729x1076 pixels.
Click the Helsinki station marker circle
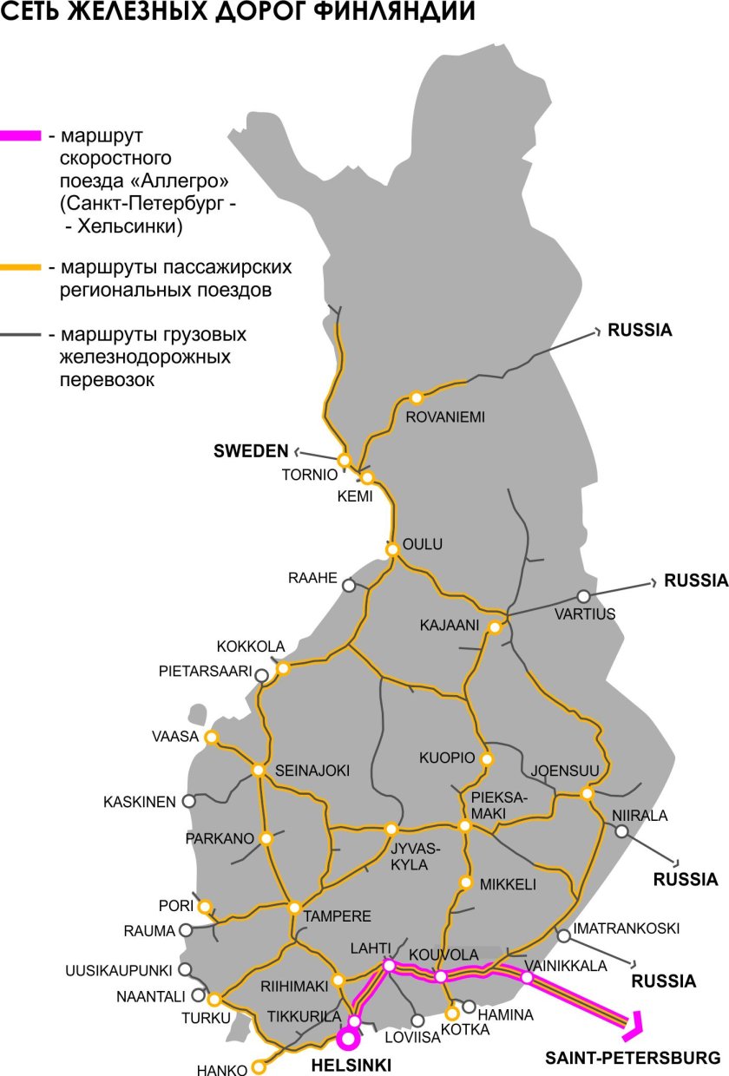349,1039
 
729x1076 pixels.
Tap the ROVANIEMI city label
445,417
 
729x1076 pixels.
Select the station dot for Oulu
392,548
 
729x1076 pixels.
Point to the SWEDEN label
251,451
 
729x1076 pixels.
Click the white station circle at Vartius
583,596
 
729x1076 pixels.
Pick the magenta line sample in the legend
20,136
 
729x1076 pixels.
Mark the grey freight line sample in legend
20,334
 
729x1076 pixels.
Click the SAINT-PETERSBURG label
633,1059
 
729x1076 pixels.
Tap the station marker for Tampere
294,908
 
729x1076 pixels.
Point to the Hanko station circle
258,1066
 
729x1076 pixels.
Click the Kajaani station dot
495,627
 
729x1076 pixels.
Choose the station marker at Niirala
621,830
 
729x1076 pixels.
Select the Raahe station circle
349,586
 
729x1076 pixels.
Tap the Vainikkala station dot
527,977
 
